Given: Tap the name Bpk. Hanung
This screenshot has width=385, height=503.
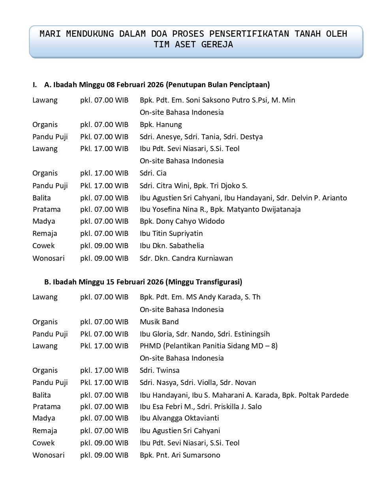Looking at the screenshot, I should [x=161, y=125].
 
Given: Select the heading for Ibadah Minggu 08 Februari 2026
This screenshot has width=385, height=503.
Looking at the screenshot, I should [x=157, y=84].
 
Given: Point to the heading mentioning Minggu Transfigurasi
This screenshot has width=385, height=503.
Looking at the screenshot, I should [x=143, y=282].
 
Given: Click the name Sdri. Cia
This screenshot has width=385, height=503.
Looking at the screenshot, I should [x=153, y=173].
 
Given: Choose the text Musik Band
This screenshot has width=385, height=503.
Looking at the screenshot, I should [x=159, y=322].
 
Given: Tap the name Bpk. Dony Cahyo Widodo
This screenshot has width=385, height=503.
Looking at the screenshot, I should [x=182, y=221].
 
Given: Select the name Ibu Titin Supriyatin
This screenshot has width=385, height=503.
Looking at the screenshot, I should [x=171, y=234].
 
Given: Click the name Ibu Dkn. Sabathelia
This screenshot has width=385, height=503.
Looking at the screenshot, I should [x=172, y=246].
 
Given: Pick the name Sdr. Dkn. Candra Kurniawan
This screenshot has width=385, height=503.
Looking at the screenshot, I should [x=186, y=258].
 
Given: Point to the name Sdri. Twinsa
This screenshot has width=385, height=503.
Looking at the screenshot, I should [x=160, y=370].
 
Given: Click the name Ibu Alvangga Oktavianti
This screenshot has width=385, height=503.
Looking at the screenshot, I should [x=179, y=418].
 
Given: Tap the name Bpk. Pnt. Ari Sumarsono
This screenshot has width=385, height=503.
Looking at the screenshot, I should [x=180, y=455].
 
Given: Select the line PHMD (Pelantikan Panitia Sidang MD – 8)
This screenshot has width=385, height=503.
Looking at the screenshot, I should [x=208, y=346].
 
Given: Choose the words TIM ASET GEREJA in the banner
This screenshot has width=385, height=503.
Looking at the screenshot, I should [x=193, y=45].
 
